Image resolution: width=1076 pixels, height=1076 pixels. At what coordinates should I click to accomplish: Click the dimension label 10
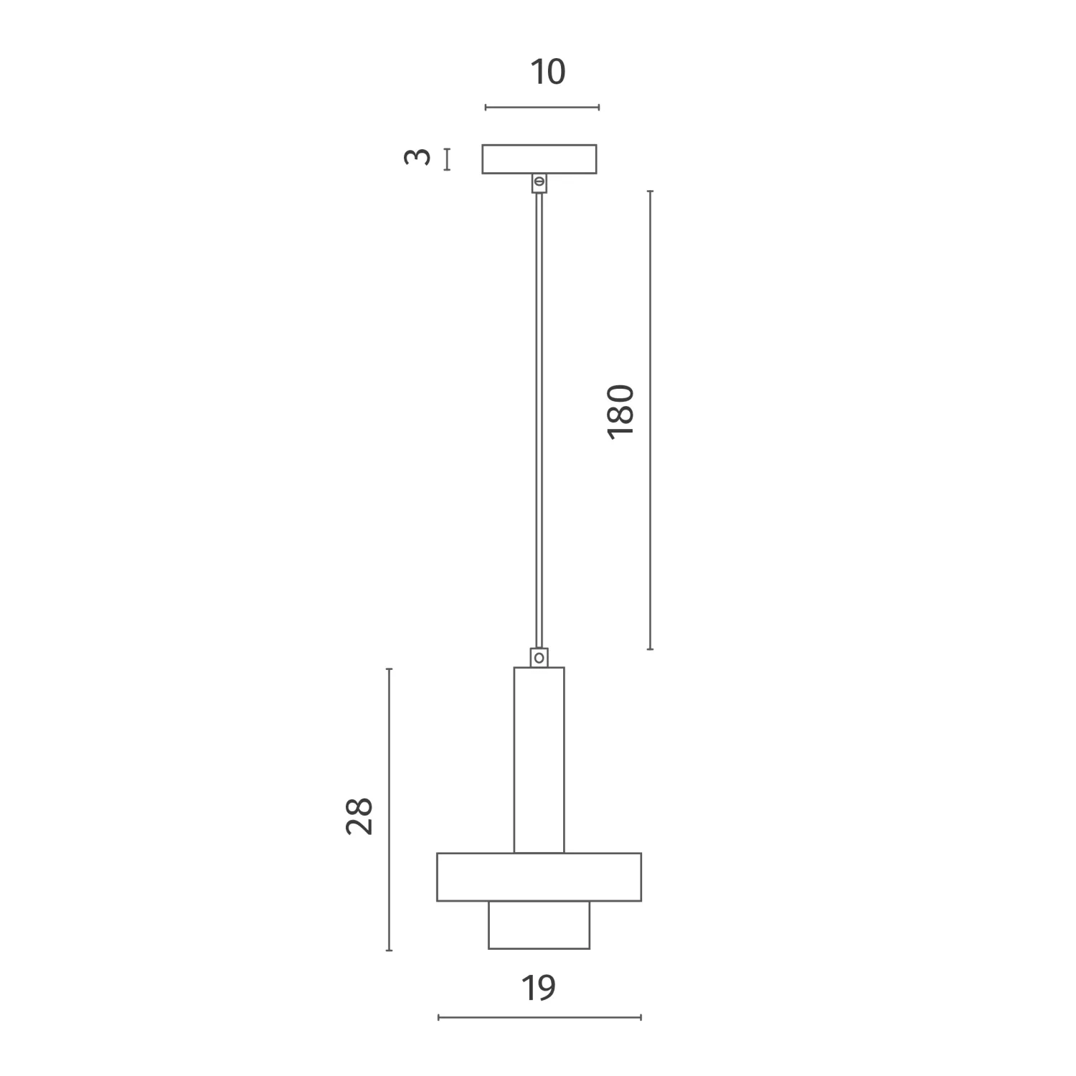click(x=547, y=72)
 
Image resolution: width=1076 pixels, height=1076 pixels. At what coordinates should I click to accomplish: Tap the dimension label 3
click(x=417, y=156)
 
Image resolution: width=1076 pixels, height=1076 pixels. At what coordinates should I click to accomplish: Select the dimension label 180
click(x=621, y=412)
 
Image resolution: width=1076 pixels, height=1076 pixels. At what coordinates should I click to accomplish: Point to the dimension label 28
click(x=359, y=816)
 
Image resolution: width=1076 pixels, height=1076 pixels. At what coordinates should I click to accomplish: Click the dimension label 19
click(x=538, y=988)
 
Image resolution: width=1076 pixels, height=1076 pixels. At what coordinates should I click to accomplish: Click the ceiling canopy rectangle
click(x=539, y=159)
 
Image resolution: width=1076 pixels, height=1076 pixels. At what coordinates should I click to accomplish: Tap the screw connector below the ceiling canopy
click(x=539, y=184)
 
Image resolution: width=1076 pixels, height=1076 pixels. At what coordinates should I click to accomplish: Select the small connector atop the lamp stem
click(x=539, y=657)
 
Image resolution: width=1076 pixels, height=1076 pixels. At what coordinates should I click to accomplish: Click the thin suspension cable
click(x=539, y=420)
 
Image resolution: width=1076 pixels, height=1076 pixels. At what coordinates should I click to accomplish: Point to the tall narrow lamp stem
click(x=539, y=760)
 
